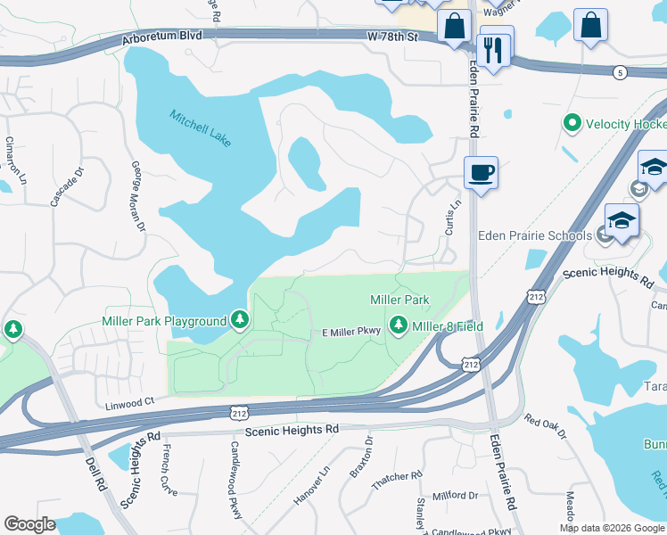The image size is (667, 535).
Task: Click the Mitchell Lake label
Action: (x=202, y=129)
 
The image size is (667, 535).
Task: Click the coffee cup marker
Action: (x=481, y=172)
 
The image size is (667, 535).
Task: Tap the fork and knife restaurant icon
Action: (x=493, y=50)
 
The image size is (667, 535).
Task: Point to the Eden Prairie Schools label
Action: (x=534, y=235)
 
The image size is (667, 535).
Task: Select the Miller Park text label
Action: (x=400, y=300)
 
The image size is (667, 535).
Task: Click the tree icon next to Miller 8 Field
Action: (x=398, y=327)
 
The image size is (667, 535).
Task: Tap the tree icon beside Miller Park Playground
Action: (x=239, y=320)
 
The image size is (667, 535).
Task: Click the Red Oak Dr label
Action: (x=545, y=426)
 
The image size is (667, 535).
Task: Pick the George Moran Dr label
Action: (x=138, y=196)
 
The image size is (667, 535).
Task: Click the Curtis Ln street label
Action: (x=454, y=217)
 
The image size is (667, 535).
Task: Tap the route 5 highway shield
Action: (x=620, y=71)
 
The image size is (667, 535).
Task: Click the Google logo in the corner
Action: (x=29, y=524)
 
